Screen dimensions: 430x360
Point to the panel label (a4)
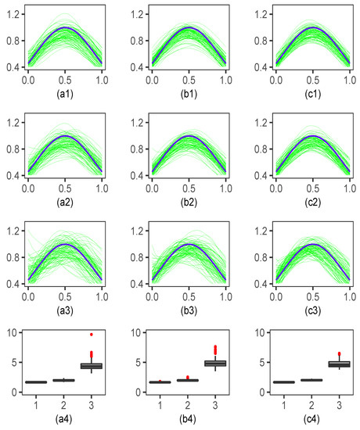tap(65, 421)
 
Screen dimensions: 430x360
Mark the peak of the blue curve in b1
tap(187, 27)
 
